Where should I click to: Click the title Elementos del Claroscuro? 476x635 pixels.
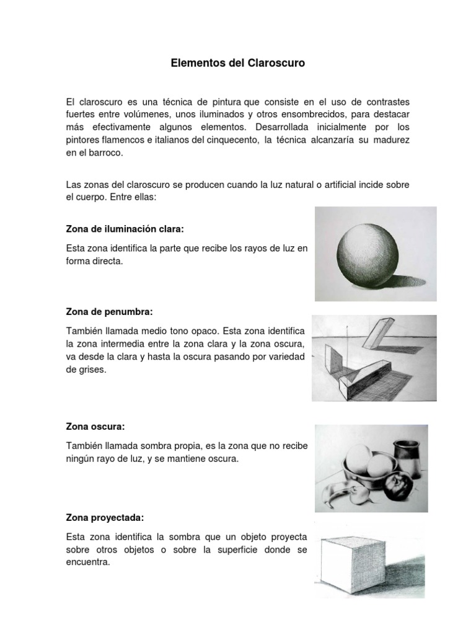(238, 63)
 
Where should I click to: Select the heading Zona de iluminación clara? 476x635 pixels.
(125, 229)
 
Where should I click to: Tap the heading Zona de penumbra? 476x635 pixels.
(108, 311)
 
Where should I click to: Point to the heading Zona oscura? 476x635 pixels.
(95, 427)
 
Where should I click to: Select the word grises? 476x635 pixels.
(92, 370)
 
